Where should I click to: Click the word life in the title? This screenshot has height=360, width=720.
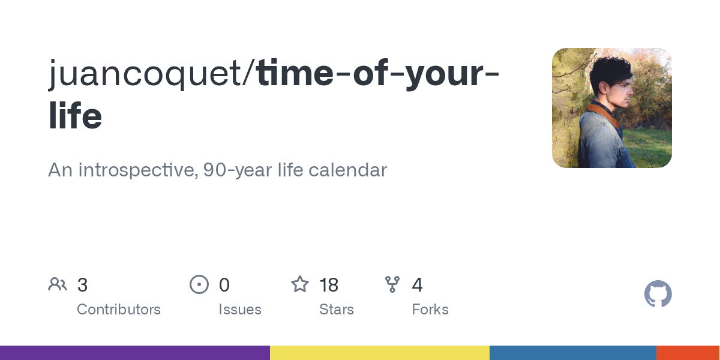click(75, 116)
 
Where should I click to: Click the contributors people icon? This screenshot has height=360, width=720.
click(58, 284)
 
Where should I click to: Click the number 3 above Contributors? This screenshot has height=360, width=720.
click(82, 285)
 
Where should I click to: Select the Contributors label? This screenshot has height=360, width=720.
click(119, 310)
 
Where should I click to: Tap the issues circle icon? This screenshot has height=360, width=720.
click(199, 284)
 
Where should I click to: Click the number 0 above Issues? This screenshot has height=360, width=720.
click(224, 285)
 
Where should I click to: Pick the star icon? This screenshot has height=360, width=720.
click(299, 284)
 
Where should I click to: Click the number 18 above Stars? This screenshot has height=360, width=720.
click(329, 285)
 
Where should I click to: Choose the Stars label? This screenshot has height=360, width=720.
click(337, 310)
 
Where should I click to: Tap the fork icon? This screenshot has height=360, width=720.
click(392, 284)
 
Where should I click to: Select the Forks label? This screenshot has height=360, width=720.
click(430, 310)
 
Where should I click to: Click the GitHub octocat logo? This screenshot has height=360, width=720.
click(658, 294)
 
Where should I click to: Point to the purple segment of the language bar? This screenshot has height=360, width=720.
click(135, 353)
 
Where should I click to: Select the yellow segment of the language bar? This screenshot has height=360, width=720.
click(379, 353)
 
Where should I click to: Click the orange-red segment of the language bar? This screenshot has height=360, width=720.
click(687, 353)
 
